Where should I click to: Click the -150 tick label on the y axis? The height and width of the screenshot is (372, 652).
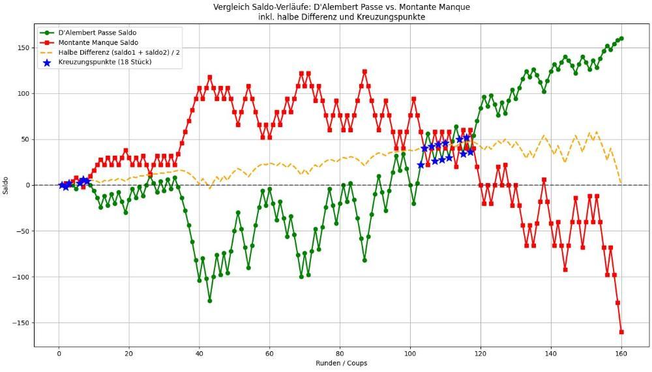click(21, 323)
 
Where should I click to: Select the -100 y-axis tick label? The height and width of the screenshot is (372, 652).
click(21, 277)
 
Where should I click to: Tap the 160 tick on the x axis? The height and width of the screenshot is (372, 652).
click(621, 354)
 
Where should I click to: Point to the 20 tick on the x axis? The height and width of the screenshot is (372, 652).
click(129, 354)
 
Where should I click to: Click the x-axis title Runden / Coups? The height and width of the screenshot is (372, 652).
click(341, 364)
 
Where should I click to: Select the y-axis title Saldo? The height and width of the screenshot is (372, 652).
click(6, 185)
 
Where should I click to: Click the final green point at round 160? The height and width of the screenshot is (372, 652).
click(621, 38)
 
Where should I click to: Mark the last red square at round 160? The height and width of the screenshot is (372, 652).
click(621, 332)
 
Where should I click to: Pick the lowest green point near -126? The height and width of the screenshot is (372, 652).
click(210, 300)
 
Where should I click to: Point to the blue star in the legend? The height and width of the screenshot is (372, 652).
click(46, 63)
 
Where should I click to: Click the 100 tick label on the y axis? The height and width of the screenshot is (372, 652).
click(23, 93)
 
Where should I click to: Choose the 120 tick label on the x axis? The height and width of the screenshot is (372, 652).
click(481, 354)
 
